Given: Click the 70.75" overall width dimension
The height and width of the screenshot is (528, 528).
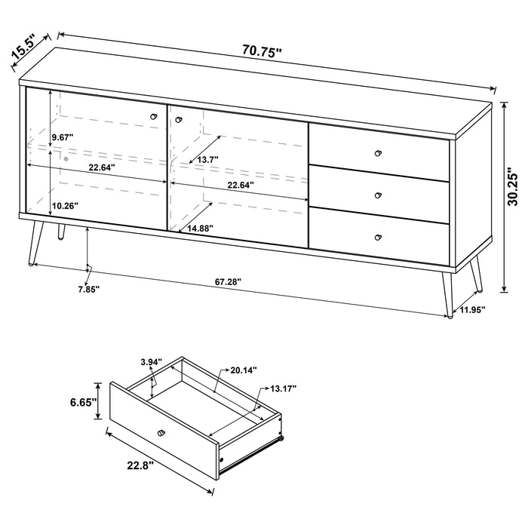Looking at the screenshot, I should click(x=262, y=52).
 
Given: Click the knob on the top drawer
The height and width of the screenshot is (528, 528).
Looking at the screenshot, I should click(x=379, y=153).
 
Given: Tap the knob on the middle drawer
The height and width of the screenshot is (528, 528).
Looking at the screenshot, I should click(x=378, y=195).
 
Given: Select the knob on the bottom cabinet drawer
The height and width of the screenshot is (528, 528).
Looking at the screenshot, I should click(x=378, y=237).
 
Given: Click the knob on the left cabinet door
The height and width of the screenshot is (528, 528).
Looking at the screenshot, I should click(x=154, y=115).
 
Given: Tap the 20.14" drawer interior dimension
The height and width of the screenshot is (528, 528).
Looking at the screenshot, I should click(x=244, y=370).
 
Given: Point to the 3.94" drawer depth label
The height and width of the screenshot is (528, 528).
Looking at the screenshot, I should click(x=152, y=362).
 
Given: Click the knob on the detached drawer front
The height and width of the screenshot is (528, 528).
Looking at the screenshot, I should click(x=161, y=432).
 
